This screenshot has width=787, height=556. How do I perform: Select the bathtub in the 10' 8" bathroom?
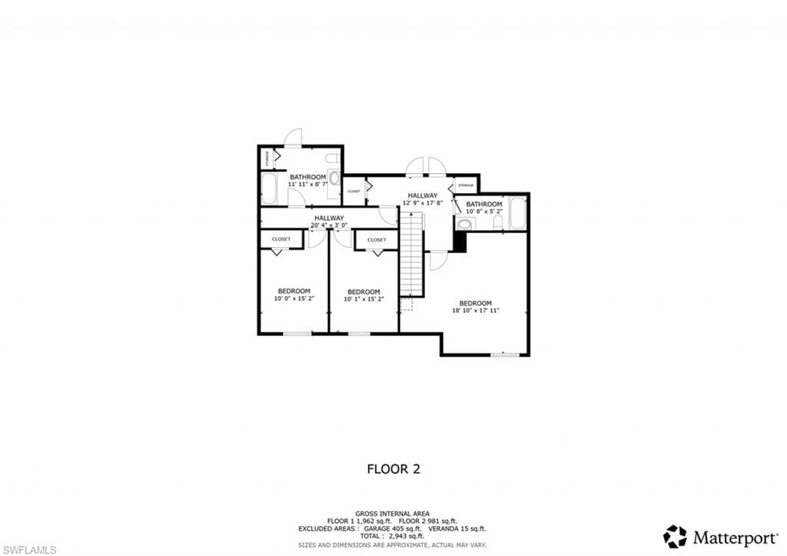point(518,213)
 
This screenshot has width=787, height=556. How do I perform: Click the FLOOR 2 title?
point(393,468)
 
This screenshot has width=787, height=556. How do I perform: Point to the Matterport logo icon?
point(675,536)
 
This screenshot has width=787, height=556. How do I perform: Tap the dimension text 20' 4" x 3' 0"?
point(329,225)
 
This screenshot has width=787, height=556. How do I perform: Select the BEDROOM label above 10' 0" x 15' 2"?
point(293,291)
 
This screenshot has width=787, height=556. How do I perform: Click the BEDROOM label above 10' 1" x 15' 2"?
point(364,291)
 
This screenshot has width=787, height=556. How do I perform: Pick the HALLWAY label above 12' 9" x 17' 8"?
point(423,195)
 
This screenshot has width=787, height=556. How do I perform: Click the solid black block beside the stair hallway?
point(460,241)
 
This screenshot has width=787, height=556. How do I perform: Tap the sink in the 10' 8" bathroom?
point(464,225)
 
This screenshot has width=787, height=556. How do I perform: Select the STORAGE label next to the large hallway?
point(466,185)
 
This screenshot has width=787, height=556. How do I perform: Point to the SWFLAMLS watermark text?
point(28,550)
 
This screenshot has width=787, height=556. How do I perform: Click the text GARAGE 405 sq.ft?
point(367,528)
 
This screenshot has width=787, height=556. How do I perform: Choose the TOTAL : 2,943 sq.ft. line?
point(393,536)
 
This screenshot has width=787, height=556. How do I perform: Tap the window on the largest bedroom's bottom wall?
point(504,355)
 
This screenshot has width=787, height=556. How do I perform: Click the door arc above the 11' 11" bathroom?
point(294,137)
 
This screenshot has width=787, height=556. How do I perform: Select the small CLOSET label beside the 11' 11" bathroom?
point(354,191)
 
